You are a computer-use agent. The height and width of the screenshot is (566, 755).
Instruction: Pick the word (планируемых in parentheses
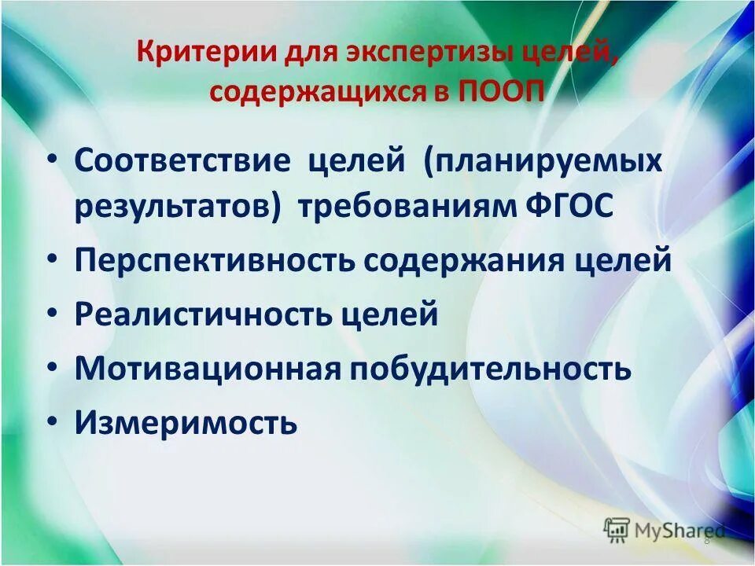click(x=543, y=161)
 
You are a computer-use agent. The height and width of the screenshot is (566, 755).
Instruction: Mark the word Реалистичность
click(x=204, y=315)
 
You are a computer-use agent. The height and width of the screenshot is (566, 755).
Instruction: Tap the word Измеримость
click(x=186, y=423)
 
